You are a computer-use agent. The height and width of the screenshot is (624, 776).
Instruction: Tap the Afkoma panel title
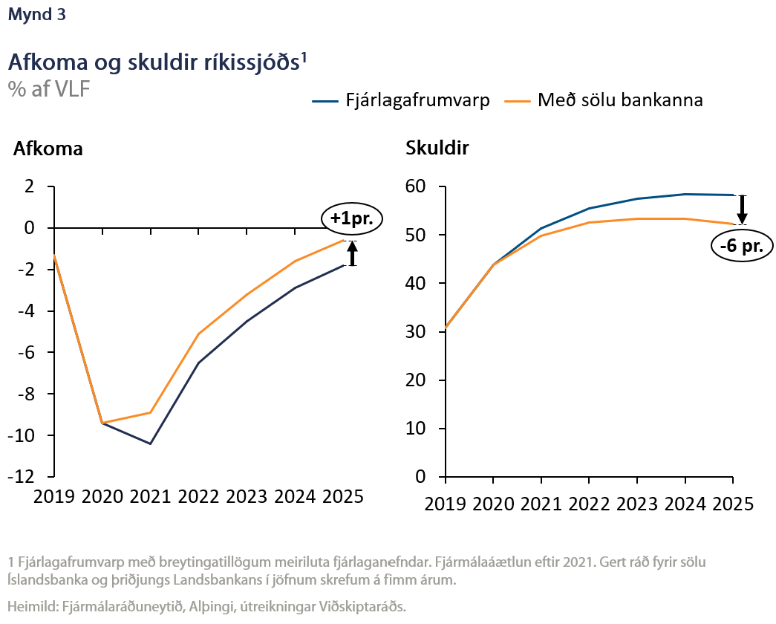(48, 149)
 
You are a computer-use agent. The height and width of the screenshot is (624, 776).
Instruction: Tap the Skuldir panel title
(437, 149)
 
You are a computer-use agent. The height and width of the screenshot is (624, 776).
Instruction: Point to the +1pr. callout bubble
(352, 219)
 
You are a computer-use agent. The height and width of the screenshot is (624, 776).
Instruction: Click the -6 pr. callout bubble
(741, 246)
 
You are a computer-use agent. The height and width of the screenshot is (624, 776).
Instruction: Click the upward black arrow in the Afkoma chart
(353, 253)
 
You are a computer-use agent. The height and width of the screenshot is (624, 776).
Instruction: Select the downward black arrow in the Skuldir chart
(742, 209)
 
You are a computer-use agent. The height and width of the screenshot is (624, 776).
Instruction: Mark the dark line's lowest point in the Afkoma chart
(151, 443)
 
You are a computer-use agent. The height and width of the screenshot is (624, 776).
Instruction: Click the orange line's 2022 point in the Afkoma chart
(199, 334)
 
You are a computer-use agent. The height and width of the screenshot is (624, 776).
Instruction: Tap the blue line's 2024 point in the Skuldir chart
(685, 194)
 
